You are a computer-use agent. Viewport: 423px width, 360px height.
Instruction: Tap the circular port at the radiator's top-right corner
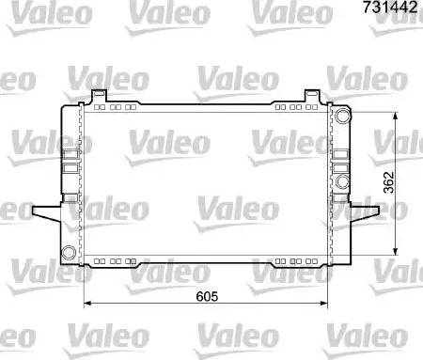[x=343, y=117]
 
